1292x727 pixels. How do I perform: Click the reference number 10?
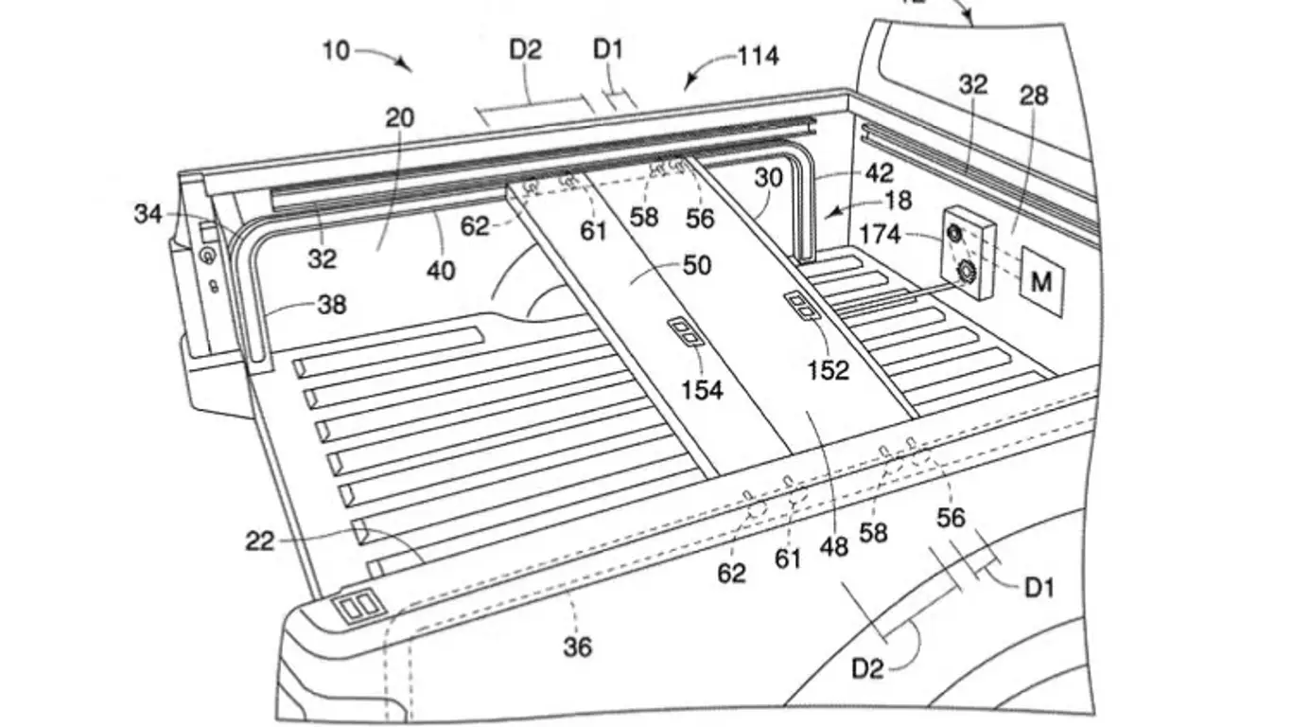pos(336,49)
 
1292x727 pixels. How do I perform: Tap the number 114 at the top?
pos(759,56)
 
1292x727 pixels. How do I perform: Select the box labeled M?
pos(1041,281)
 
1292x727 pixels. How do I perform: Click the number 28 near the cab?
pos(1034,95)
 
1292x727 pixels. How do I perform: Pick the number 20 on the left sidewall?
pos(399,118)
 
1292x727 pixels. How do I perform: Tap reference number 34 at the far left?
pos(148,215)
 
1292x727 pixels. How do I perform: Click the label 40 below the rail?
pos(441,271)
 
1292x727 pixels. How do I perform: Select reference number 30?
pos(768,178)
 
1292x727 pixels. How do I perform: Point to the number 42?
pos(879,173)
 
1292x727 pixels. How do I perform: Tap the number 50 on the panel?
pos(697,265)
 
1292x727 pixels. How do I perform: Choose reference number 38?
pos(332,305)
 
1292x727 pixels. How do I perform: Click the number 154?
pos(702,389)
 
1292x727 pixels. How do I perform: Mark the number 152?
pos(828,370)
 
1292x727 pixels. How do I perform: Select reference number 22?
pos(259,541)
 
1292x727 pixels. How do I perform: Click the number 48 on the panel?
pos(834,546)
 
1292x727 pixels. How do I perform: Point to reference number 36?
pos(577,647)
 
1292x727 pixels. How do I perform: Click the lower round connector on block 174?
pos(968,273)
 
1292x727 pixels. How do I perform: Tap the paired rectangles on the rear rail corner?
pos(358,607)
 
